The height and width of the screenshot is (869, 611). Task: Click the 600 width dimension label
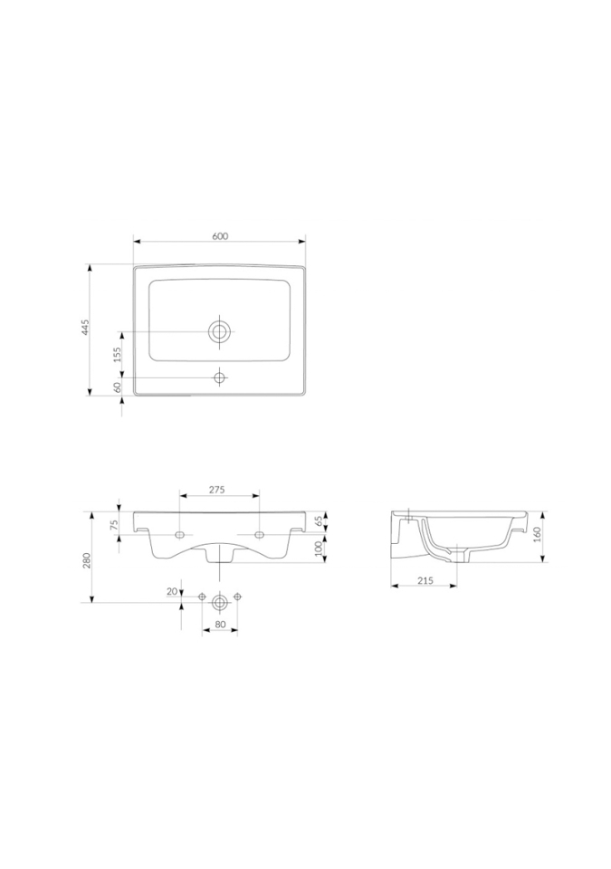point(220,235)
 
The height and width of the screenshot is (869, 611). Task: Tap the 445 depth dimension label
point(85,328)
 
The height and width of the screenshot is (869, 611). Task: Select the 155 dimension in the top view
point(117,355)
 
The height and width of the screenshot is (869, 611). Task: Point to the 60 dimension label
point(117,387)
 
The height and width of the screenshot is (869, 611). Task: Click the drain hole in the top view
point(220,331)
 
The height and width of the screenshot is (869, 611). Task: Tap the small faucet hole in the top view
point(220,378)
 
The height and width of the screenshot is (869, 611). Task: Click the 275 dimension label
point(216,490)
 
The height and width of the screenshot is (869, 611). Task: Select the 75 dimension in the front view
point(114,525)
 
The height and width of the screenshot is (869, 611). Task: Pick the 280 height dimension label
point(86,560)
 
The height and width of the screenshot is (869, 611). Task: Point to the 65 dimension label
point(319,521)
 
